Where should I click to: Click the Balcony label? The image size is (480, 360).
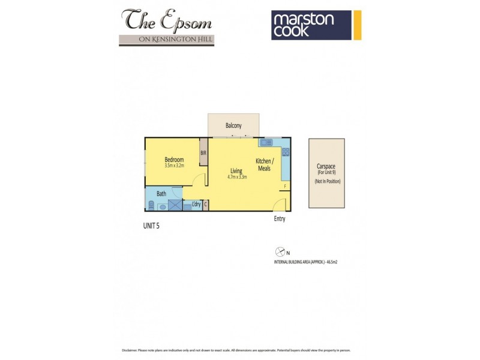point(233,125)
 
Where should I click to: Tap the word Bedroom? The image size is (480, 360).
point(174,159)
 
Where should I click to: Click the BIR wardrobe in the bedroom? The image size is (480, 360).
point(203,153)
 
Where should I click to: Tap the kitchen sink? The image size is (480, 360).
point(266,143)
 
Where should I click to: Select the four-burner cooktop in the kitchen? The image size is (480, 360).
point(286,153)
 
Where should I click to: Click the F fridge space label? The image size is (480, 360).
point(285,187)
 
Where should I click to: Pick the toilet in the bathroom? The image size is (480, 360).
point(151,206)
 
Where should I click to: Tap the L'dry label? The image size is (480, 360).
point(196,205)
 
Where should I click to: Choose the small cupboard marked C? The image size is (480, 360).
point(205,205)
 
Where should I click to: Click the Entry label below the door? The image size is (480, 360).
point(279,219)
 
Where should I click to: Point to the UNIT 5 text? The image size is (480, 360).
point(151,226)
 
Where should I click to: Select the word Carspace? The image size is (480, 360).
point(327,167)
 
